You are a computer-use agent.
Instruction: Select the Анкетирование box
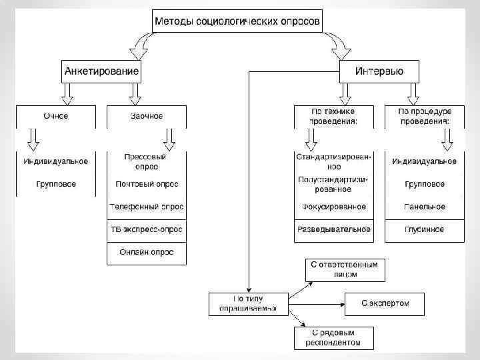[x=101, y=71]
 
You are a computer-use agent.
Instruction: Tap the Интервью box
[x=379, y=71]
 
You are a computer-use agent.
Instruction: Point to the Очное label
[x=56, y=116]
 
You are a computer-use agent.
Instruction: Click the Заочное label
[x=146, y=116]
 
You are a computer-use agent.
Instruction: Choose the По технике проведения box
[x=333, y=117]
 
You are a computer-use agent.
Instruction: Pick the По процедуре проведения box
[x=424, y=117]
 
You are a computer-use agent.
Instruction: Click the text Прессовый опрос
[x=145, y=162]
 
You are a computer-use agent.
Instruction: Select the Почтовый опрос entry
[x=147, y=184]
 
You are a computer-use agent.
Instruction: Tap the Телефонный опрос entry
[x=147, y=207]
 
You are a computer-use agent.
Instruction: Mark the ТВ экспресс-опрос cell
[x=147, y=230]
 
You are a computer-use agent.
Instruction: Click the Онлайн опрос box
[x=147, y=252]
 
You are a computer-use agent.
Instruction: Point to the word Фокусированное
[x=333, y=207]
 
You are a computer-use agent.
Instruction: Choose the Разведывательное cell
[x=333, y=230]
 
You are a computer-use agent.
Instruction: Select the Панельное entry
[x=424, y=207]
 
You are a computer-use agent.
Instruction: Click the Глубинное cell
[x=424, y=230]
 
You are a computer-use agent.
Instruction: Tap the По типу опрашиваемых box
[x=247, y=304]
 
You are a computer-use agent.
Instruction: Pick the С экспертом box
[x=385, y=304]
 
